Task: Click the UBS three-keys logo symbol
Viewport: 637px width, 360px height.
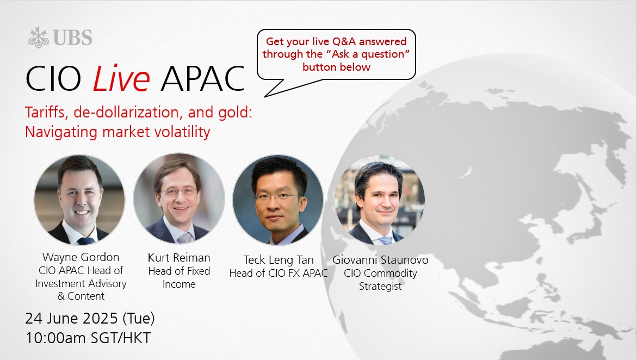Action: click(x=39, y=38)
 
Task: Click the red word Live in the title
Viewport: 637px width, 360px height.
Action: click(x=121, y=78)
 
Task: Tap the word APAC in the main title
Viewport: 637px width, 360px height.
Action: click(x=203, y=78)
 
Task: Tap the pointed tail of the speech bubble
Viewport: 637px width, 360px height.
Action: click(x=265, y=96)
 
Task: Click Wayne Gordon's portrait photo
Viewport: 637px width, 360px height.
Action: click(x=79, y=200)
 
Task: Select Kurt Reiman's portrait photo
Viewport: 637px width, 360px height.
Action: click(x=179, y=198)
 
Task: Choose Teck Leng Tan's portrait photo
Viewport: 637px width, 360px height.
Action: click(x=278, y=200)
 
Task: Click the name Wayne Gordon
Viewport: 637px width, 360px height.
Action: click(x=81, y=257)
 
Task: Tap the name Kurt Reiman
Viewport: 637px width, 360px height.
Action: click(x=179, y=258)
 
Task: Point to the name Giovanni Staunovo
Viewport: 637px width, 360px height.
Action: click(x=380, y=259)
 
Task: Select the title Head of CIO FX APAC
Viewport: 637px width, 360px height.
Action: click(x=279, y=274)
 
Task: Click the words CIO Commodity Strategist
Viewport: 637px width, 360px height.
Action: click(x=380, y=280)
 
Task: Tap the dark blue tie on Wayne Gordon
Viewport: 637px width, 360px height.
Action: click(x=86, y=241)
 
